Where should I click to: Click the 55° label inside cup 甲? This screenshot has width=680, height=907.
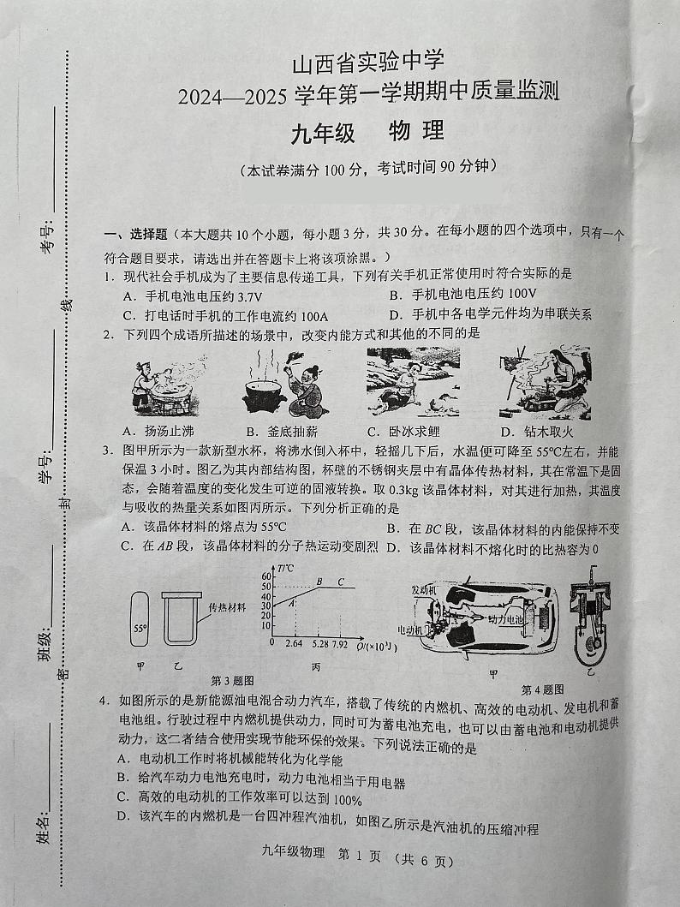[x=140, y=628]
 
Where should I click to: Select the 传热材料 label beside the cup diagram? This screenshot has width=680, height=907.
[x=227, y=606]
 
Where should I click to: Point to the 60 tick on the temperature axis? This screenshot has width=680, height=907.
[x=265, y=576]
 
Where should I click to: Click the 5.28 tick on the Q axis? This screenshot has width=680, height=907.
[x=319, y=642]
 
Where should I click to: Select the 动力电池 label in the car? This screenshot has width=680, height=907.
[x=506, y=618]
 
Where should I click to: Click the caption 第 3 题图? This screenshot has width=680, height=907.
[x=231, y=680]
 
